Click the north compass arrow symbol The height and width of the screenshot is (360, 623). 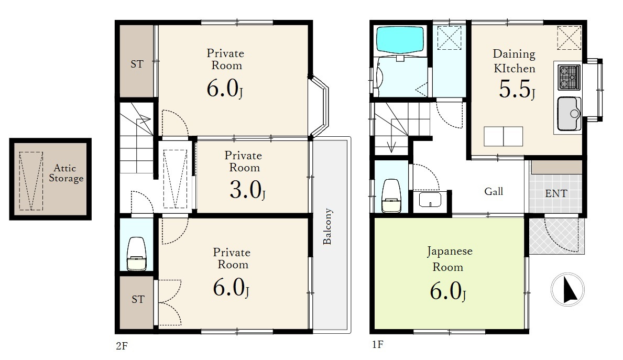point(568,290)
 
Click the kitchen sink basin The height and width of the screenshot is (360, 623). point(569,114)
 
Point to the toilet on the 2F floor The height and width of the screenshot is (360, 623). point(136,254)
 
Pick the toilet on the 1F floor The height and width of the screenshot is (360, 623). point(391,196)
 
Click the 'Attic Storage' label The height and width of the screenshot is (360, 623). point(66,173)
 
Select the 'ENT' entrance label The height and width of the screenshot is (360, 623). point(556,193)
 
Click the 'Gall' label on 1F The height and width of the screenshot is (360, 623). point(494,191)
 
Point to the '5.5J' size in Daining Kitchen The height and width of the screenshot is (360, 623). point(517,90)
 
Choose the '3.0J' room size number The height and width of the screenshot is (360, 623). point(247,190)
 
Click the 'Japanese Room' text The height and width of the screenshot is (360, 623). point(449,259)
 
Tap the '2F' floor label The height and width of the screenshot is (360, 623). point(122,346)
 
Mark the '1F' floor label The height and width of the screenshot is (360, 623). point(377,344)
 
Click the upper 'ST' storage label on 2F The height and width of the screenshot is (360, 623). point(137,64)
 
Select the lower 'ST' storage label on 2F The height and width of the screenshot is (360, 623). point(138,299)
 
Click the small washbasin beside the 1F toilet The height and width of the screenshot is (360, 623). point(430,200)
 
